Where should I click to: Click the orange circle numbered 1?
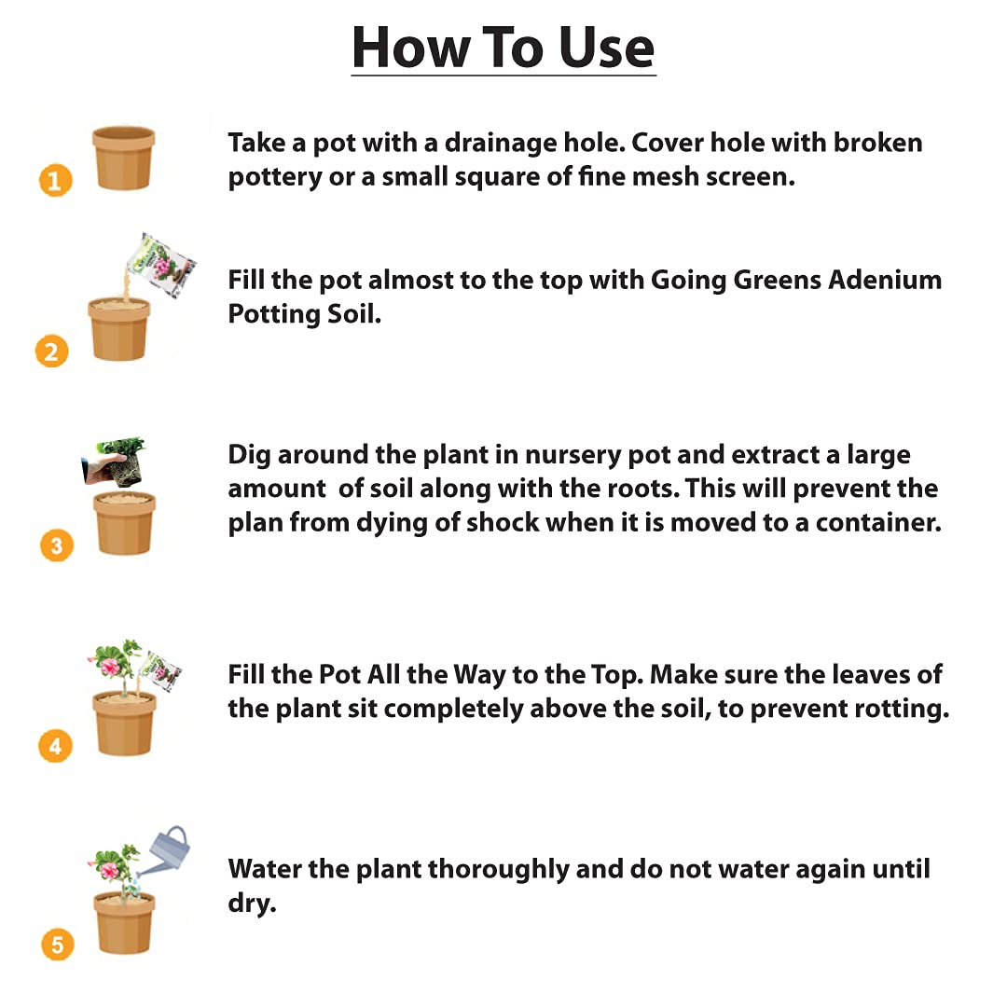(56, 181)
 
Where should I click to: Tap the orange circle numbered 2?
(52, 352)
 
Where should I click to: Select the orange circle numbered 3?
(57, 545)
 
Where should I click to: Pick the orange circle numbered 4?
(55, 746)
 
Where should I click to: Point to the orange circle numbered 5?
(57, 944)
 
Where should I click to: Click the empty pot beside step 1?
(124, 158)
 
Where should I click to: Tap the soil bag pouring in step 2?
(161, 265)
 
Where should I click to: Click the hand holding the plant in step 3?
(103, 468)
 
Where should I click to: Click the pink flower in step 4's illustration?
(110, 666)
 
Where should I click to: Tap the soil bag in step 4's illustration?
(160, 671)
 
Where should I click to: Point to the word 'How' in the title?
(412, 48)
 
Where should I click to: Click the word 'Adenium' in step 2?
(885, 280)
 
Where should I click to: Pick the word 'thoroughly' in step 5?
(498, 870)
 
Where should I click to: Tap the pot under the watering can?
(125, 922)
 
